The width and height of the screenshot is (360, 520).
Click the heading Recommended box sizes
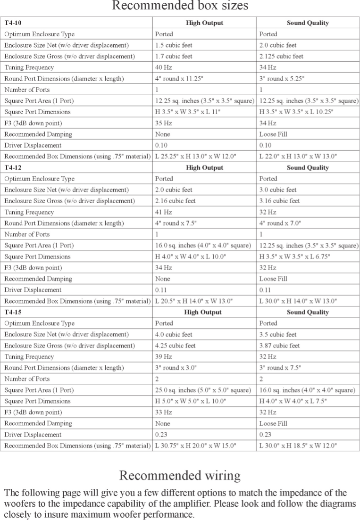tap(180, 7)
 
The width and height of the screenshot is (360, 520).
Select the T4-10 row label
tap(12, 23)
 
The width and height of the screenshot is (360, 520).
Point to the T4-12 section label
tap(12, 168)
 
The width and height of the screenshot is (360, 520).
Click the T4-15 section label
tap(12, 312)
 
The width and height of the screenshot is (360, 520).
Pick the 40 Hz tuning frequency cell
tap(163, 67)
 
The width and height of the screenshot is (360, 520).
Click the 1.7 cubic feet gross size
tap(174, 57)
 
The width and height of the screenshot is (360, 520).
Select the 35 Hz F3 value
tap(163, 123)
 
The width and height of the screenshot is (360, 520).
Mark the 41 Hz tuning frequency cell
tap(163, 212)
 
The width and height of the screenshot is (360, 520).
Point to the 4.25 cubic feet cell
tap(175, 346)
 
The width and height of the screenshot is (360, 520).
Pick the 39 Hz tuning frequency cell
tap(163, 357)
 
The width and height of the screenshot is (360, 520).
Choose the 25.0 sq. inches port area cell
tap(203, 390)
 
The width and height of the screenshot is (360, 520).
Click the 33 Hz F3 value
tap(163, 413)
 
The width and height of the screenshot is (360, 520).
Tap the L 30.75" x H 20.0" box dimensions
tap(195, 446)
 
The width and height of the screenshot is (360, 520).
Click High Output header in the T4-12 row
tap(204, 168)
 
